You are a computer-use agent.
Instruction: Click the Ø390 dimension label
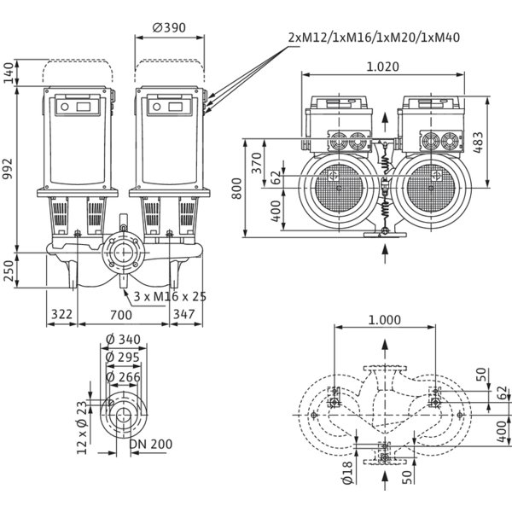point(169,28)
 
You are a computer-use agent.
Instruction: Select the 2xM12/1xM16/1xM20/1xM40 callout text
point(374,38)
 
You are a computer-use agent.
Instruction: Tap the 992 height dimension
point(7,169)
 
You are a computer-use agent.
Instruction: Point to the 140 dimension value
point(7,73)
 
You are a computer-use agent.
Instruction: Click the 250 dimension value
point(7,271)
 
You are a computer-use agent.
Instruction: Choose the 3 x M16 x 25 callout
point(170,296)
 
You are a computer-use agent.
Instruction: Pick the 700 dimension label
point(121,315)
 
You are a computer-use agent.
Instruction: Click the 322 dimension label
point(61,314)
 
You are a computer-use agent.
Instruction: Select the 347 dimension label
point(183,314)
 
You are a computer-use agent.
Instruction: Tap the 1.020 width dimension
point(382,67)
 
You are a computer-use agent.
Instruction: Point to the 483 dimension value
point(478,143)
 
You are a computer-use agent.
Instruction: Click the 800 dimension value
point(236,189)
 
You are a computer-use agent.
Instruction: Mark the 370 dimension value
point(257,163)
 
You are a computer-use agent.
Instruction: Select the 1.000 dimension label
point(384,320)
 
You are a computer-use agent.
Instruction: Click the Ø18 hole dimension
point(347,473)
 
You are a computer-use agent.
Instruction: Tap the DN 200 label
point(151,444)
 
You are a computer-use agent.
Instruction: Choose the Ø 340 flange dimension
point(124,340)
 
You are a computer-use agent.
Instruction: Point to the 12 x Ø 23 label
point(82,428)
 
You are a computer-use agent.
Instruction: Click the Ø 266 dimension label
point(124,377)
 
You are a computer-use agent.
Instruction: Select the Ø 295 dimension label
point(123,358)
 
